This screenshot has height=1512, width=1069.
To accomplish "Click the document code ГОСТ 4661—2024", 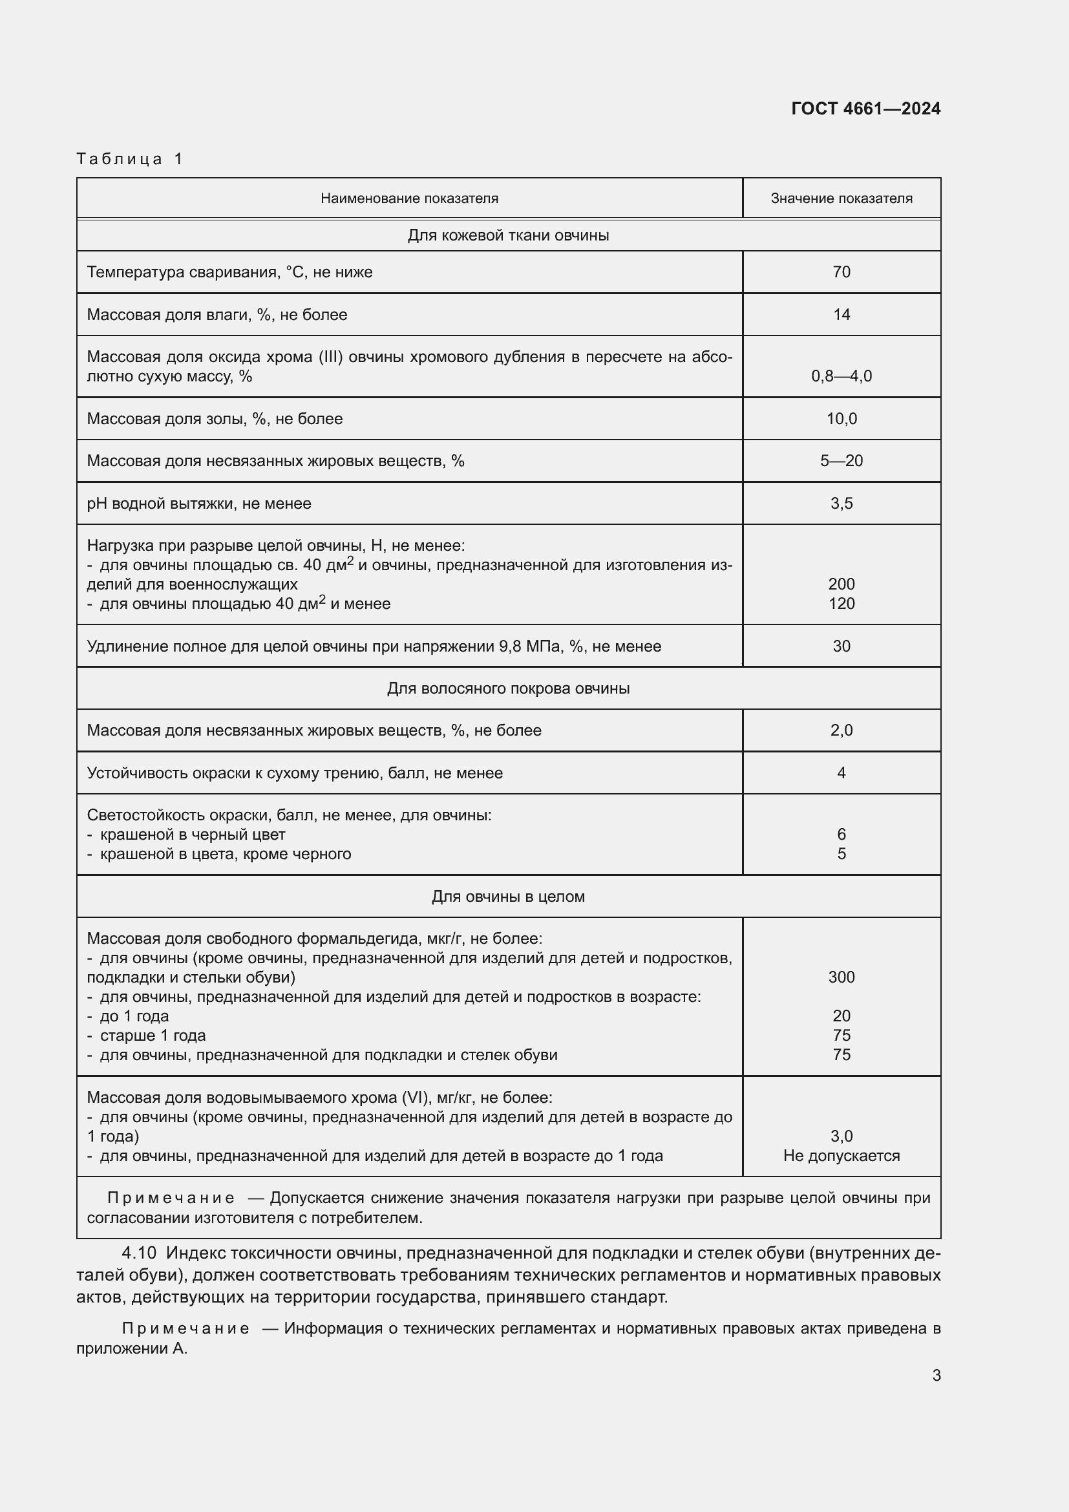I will [x=865, y=109].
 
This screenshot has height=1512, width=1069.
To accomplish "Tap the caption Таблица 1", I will [x=129, y=159].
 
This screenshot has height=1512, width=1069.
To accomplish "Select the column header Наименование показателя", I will [x=409, y=198].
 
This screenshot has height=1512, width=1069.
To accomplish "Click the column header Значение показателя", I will [x=841, y=198].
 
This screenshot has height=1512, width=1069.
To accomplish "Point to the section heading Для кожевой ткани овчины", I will [x=508, y=235].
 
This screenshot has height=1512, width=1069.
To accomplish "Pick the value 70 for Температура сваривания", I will [x=841, y=272].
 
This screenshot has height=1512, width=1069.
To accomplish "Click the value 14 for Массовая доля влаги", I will [x=841, y=315].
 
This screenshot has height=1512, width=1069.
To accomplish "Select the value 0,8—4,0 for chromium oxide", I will [x=841, y=376].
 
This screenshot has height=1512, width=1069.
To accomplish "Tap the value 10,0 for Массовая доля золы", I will [x=841, y=419].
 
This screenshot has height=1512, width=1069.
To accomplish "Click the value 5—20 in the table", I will [x=841, y=461].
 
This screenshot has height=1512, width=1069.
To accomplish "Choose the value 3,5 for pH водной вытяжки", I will [x=841, y=504].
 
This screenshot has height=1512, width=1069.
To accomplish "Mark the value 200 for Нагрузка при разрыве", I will [x=841, y=584].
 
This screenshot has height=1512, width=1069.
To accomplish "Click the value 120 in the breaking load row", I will [x=841, y=604].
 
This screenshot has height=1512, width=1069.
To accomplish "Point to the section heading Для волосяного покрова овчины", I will [x=508, y=689].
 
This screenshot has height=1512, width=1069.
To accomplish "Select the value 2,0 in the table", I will [x=841, y=730].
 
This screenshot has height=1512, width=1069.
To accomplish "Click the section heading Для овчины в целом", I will [x=508, y=897].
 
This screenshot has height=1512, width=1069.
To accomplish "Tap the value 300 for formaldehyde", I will [x=841, y=977].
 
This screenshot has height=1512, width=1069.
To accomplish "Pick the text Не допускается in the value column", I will [x=841, y=1156].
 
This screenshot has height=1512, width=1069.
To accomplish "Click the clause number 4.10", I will [x=139, y=1253].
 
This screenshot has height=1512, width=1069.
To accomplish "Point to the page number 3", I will [x=936, y=1376].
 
